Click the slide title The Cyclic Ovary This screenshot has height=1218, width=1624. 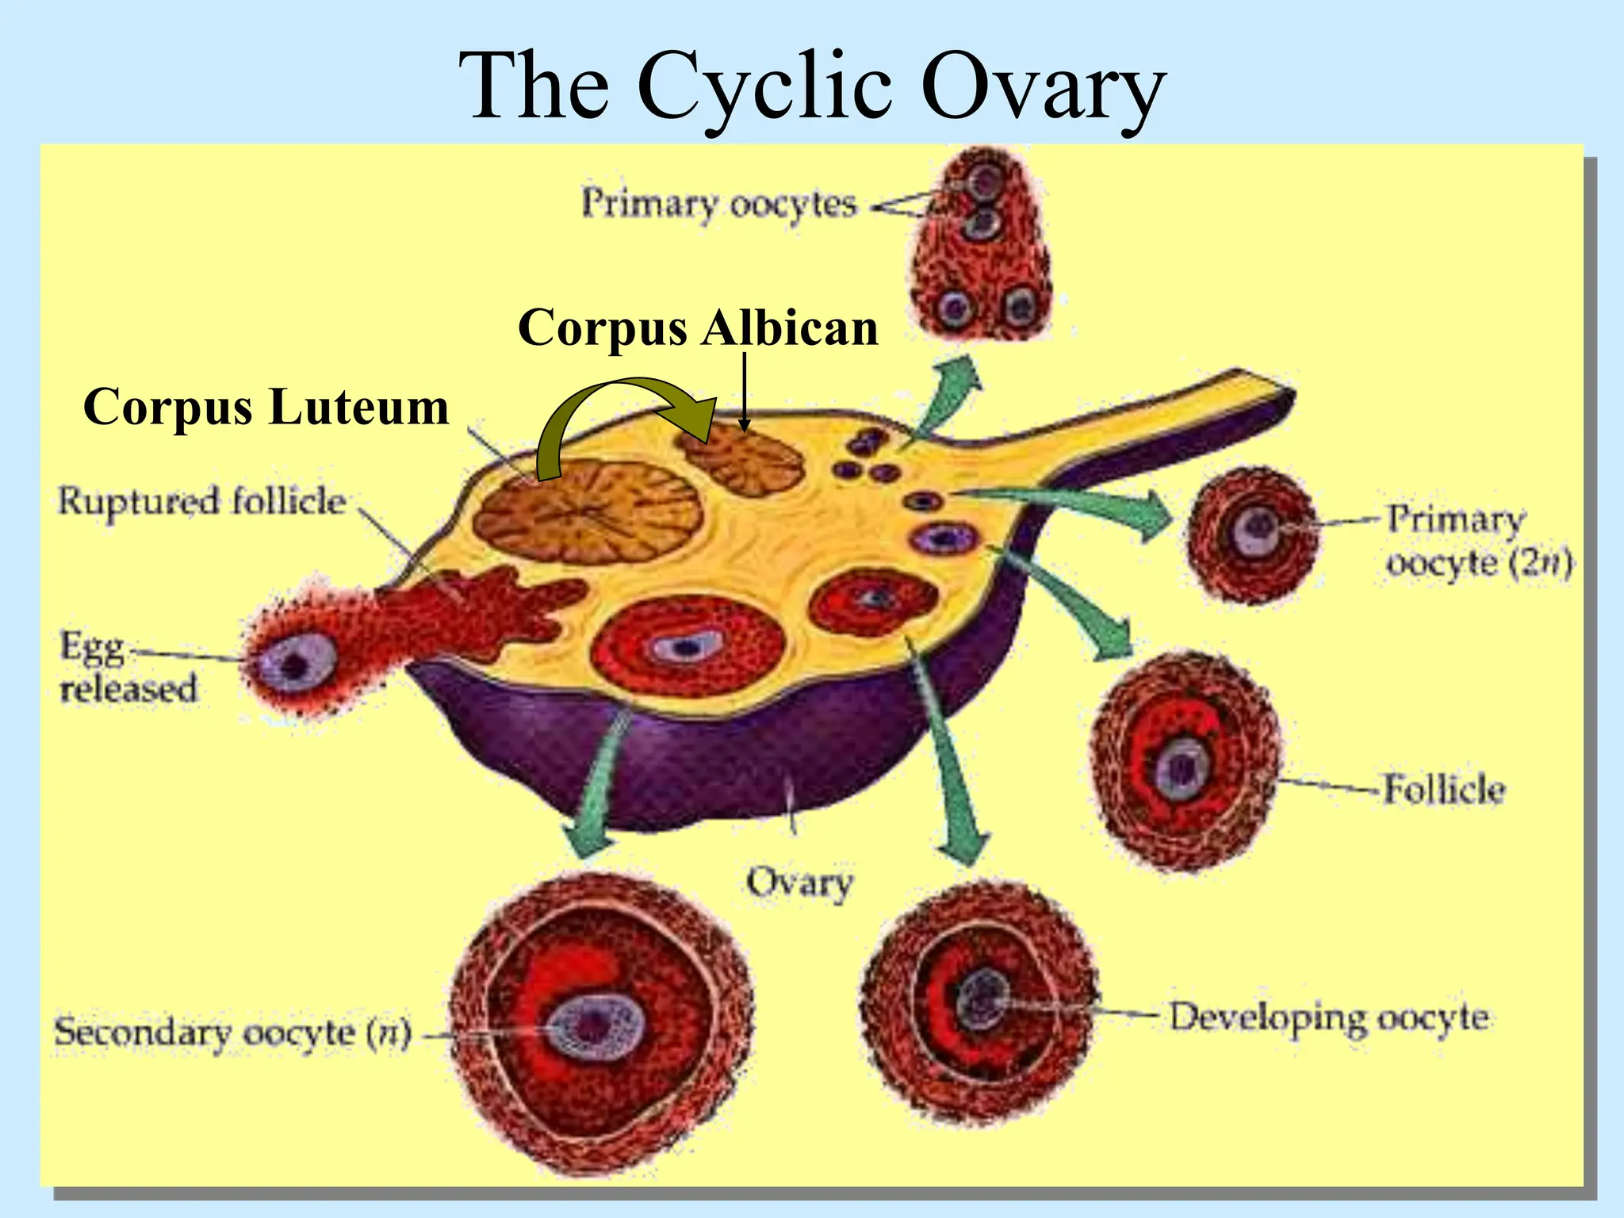[x=811, y=86]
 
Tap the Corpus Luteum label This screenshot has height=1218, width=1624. [x=266, y=407]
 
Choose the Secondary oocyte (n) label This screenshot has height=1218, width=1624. [x=232, y=1032]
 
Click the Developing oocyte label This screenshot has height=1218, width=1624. [x=1328, y=1017]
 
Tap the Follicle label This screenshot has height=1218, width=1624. [x=1443, y=789]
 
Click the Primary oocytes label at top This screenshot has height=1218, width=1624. [x=719, y=204]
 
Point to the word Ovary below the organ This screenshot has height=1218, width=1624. [x=799, y=883]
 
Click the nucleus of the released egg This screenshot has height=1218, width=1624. [x=296, y=665]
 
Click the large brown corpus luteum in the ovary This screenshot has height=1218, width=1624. [x=588, y=511]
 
